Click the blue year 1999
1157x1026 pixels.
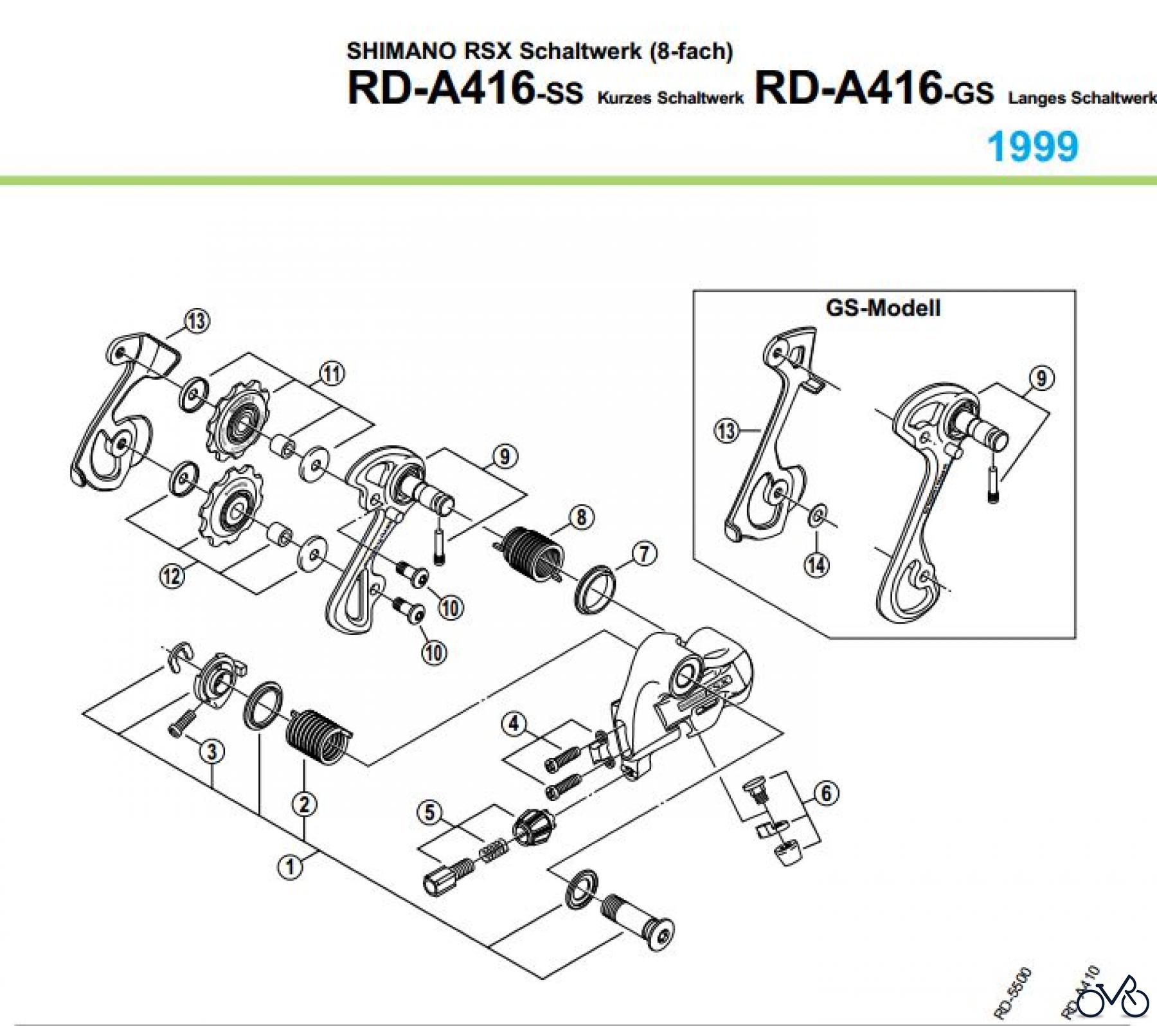[x=1032, y=147]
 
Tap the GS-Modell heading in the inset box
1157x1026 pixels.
[x=883, y=309]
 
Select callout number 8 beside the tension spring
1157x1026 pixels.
[x=581, y=517]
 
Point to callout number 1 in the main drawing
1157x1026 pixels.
[x=290, y=867]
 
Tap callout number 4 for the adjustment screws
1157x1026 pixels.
[x=514, y=724]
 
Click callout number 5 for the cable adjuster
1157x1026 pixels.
[x=430, y=813]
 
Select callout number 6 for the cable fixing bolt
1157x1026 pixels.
[x=826, y=793]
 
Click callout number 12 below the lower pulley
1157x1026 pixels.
[x=172, y=575]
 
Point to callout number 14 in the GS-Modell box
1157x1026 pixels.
[x=816, y=564]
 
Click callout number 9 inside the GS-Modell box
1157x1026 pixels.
[x=1041, y=377]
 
